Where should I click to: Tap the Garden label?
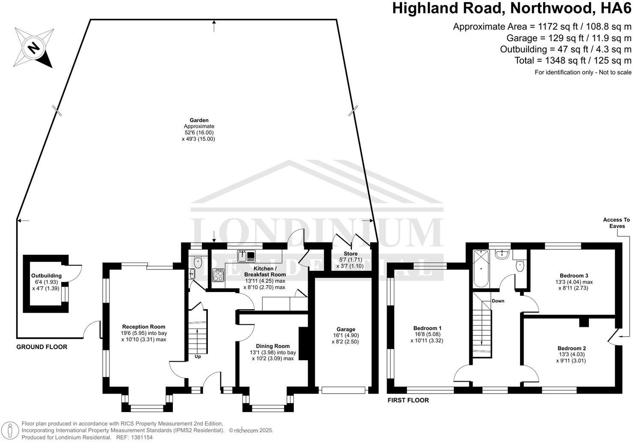click(199, 120)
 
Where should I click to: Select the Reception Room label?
click(144, 327)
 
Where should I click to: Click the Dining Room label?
click(272, 346)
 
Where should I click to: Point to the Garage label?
click(346, 329)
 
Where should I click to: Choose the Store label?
click(351, 254)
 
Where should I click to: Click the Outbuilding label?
click(46, 276)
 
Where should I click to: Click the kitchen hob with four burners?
click(218, 275)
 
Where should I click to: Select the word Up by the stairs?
click(198, 356)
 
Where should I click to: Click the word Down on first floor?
click(498, 301)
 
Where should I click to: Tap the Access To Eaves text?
click(616, 223)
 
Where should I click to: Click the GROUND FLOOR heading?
click(42, 347)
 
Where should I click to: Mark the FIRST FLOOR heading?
click(408, 400)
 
